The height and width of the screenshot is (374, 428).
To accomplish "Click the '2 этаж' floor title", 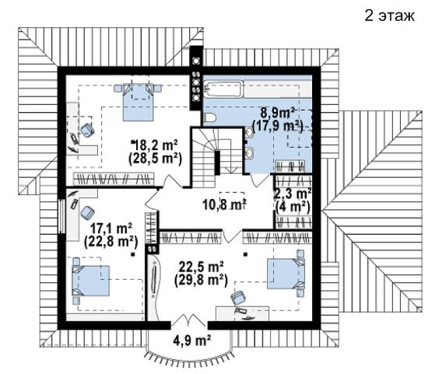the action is point(390,16).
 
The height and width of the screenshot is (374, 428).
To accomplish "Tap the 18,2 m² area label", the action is point(155,145).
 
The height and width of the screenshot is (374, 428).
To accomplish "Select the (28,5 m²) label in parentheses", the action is point(155,159).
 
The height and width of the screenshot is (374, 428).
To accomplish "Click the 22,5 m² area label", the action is point(202,267).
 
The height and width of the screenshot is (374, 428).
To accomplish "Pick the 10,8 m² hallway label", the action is point(224,204).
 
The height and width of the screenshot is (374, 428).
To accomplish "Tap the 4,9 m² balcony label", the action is point(192,340).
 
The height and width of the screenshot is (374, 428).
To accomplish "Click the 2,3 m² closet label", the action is point(293,194).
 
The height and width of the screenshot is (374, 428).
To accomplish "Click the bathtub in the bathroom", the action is point(223,89).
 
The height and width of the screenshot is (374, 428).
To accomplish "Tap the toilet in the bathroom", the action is point(210,118).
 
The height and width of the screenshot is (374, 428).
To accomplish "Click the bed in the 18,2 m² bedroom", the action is point(138,102).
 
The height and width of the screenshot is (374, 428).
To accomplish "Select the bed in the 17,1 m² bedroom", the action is point(91,281).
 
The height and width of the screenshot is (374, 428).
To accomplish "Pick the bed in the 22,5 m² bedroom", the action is point(286,274).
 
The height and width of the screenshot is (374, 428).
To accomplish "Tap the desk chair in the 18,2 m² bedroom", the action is point(88,130).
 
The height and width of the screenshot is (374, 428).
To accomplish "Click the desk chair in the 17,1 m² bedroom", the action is point(88,213).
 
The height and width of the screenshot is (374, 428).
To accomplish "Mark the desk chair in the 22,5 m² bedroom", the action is point(238,298).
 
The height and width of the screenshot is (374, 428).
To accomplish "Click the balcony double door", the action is point(189,320).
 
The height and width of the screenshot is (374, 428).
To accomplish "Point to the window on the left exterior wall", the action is point(62,217).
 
